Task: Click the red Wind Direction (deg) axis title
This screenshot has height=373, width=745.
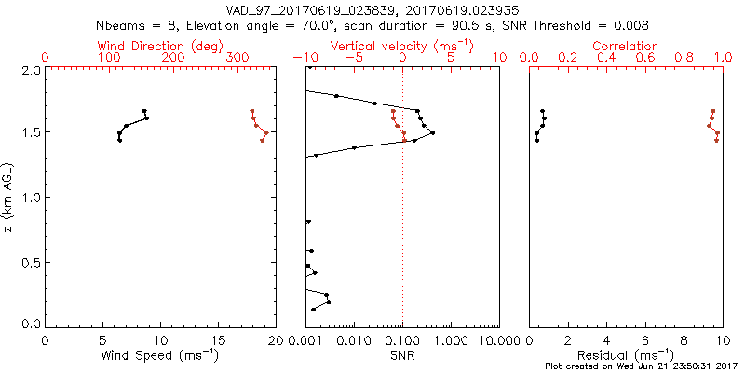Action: click(x=161, y=46)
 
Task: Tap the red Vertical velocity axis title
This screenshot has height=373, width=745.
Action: click(x=402, y=46)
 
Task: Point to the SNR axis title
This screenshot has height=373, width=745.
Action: click(x=402, y=355)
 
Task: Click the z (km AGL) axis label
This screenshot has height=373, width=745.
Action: click(x=8, y=196)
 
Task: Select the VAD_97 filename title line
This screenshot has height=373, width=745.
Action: click(x=372, y=10)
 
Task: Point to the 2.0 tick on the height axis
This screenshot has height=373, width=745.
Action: click(x=31, y=70)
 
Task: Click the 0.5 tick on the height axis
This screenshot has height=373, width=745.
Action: click(x=31, y=262)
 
